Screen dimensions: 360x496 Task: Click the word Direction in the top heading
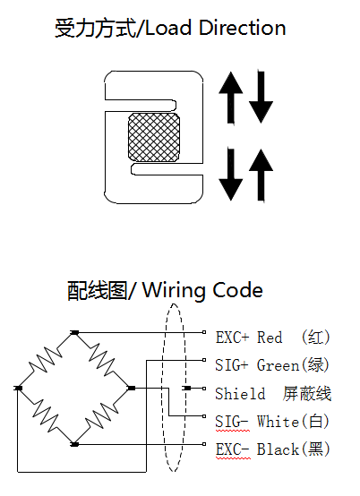243,28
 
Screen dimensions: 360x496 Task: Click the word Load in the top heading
168,28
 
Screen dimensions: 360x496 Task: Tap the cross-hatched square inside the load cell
154,137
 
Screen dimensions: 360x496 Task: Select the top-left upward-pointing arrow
231,98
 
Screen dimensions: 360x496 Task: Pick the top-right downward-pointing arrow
261,97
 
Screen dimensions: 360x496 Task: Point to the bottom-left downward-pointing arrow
231,175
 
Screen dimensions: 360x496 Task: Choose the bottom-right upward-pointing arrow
261,175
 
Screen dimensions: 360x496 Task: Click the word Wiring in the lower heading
175,290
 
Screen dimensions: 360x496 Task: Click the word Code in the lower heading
237,290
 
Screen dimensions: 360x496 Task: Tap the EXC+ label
233,338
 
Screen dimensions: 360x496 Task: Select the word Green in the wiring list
278,365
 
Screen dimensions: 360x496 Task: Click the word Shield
240,394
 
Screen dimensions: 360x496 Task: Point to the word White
278,422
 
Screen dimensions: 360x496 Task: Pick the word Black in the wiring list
278,449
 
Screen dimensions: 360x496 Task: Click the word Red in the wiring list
270,338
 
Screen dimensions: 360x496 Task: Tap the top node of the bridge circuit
74,332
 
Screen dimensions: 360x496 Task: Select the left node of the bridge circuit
18,389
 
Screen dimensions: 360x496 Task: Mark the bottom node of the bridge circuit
74,444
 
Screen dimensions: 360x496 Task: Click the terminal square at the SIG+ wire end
204,360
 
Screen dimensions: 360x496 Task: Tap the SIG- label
232,422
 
